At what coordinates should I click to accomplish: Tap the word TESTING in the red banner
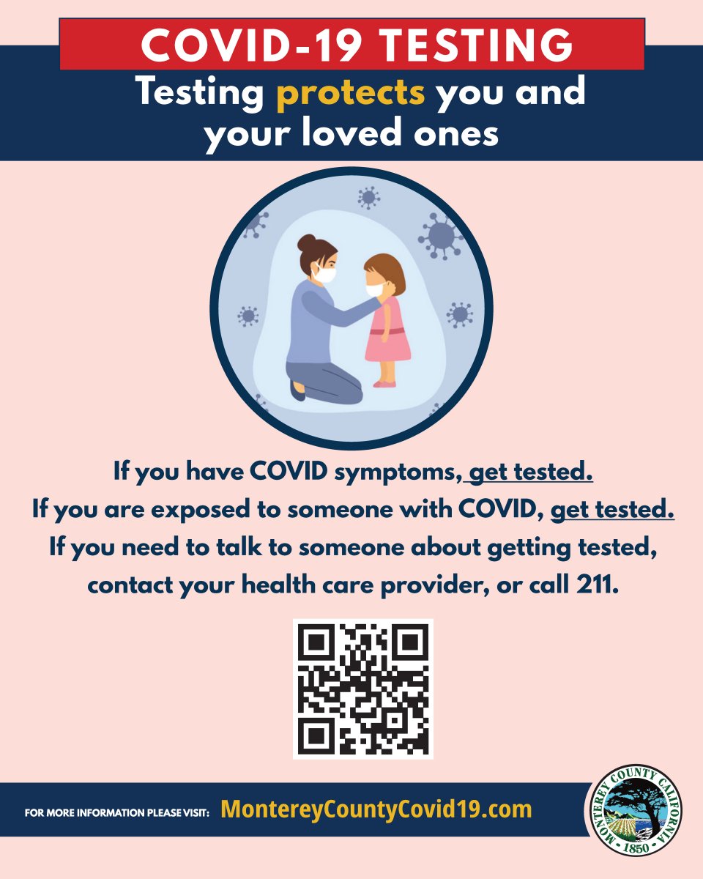(x=476, y=45)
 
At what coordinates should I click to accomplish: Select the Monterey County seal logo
(x=636, y=812)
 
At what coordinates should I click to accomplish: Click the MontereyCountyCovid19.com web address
(x=376, y=809)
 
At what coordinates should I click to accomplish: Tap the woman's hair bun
(x=306, y=243)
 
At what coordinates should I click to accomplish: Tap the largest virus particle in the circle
(x=440, y=237)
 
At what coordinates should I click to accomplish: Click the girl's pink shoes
(x=384, y=384)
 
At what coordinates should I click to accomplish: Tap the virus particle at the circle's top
(x=368, y=198)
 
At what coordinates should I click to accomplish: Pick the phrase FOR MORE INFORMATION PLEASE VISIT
(x=117, y=812)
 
